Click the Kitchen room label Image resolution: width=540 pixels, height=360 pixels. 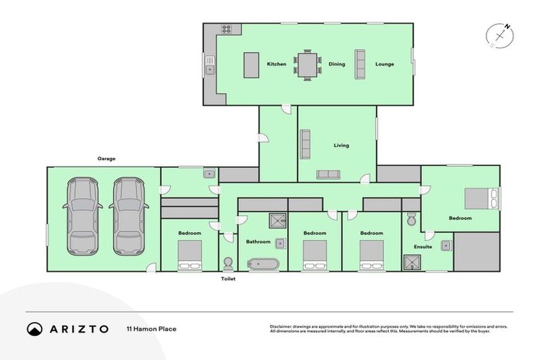(276, 64)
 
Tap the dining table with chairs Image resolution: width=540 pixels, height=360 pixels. (307, 65)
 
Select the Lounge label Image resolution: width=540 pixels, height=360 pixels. (384, 64)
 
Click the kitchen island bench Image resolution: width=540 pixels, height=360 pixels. (251, 65)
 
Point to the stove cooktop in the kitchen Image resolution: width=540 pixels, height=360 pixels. (227, 29)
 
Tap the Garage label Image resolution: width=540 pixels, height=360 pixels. (106, 159)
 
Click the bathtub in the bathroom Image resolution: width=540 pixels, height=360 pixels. (263, 264)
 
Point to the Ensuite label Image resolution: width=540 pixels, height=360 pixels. (423, 246)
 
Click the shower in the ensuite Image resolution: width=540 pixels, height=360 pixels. (411, 263)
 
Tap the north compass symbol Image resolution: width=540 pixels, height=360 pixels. (499, 35)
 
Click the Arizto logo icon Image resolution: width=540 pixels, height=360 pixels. (34, 328)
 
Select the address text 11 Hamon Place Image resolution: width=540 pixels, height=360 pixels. (151, 328)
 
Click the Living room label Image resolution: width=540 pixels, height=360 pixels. (341, 146)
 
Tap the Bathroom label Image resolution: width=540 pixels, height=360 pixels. (258, 241)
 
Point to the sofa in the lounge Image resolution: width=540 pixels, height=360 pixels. (360, 64)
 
